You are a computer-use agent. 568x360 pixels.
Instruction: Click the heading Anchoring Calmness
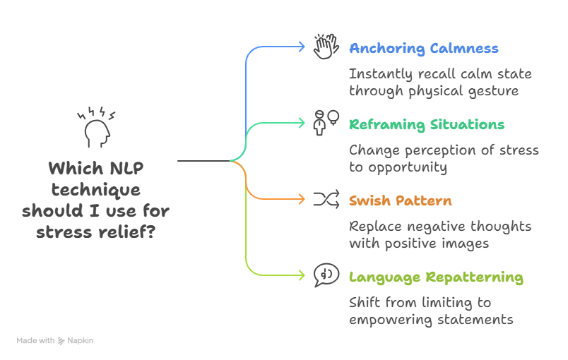pos(424,49)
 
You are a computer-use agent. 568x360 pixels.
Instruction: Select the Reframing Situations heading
pos(427,125)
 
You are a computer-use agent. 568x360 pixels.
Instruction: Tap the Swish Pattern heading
pos(400,200)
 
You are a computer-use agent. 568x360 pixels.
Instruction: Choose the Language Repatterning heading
pos(436,277)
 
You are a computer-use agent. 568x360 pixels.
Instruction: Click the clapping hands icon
pos(326,47)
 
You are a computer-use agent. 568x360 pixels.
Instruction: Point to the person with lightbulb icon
pos(326,122)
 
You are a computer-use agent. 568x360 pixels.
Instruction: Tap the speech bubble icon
pos(326,275)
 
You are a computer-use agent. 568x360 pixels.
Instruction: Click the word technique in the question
pos(95,191)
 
